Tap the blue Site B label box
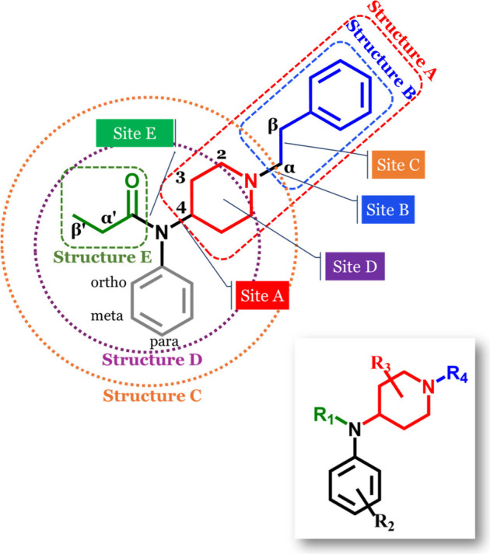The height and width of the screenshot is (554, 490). pos(390,208)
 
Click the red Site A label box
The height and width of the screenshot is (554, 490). pos(261,296)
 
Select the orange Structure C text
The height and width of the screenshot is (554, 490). pos(152,395)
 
